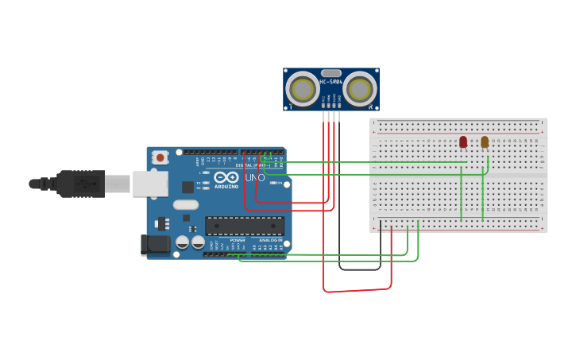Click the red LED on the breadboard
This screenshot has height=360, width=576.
pyautogui.click(x=463, y=141)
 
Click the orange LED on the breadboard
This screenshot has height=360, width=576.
pyautogui.click(x=485, y=141)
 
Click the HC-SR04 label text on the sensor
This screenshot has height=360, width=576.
pyautogui.click(x=331, y=82)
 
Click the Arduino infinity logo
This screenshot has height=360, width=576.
pyautogui.click(x=226, y=177)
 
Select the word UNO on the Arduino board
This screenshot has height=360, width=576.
pyautogui.click(x=255, y=177)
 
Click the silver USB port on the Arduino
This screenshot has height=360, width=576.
pyautogui.click(x=149, y=184)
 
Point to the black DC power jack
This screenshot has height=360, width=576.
pyautogui.click(x=156, y=245)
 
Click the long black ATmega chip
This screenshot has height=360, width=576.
pyautogui.click(x=245, y=226)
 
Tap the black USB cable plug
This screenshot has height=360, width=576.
pyautogui.click(x=79, y=184)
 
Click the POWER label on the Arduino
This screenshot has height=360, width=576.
pyautogui.click(x=238, y=239)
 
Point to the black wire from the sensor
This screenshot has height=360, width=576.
pyautogui.click(x=340, y=238)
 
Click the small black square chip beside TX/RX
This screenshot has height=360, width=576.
pyautogui.click(x=187, y=187)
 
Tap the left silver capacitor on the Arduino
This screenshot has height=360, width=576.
pyautogui.click(x=183, y=242)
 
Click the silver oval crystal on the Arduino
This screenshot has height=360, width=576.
pyautogui.click(x=185, y=205)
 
